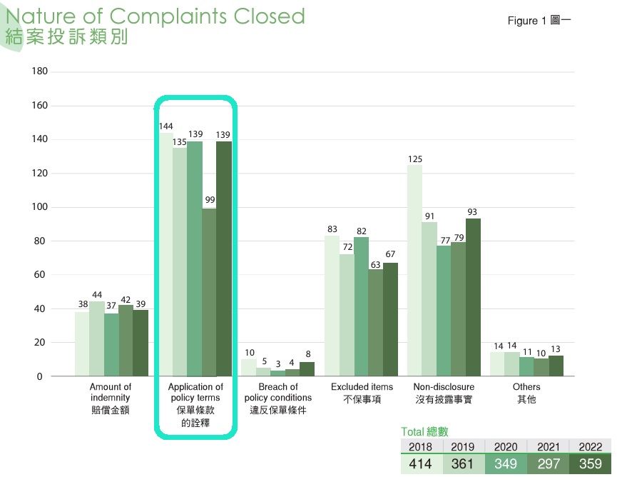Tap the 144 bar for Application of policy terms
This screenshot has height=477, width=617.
pyautogui.click(x=165, y=253)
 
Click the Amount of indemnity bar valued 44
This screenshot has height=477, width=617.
pyautogui.click(x=96, y=338)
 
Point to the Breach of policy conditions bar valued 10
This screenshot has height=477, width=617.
pyautogui.click(x=248, y=367)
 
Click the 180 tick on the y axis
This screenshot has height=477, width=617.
pyautogui.click(x=40, y=71)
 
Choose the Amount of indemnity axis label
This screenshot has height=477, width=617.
pyautogui.click(x=111, y=398)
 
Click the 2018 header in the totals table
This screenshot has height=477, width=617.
pyautogui.click(x=421, y=446)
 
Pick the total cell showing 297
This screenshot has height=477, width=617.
pyautogui.click(x=548, y=464)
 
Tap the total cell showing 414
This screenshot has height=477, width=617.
pyautogui.click(x=421, y=464)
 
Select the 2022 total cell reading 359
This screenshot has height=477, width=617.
pyautogui.click(x=590, y=464)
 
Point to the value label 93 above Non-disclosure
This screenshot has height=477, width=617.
pyautogui.click(x=473, y=212)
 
